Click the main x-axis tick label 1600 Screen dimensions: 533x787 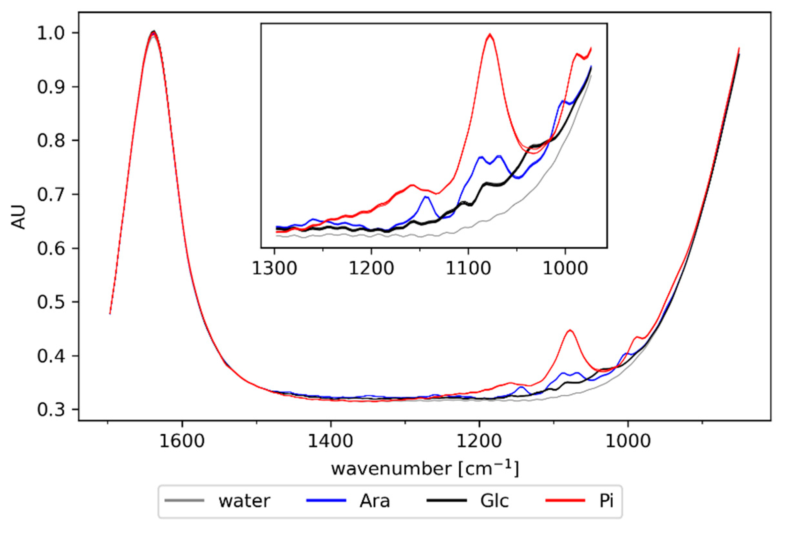point(182,441)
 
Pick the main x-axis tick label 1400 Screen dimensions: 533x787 point(331,441)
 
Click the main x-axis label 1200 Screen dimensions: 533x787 point(479,441)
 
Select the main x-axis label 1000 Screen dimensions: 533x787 point(628,441)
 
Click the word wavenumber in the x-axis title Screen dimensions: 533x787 point(391,469)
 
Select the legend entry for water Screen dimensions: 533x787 point(244,501)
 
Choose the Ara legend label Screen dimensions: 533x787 point(375,501)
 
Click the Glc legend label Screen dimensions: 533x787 point(494,501)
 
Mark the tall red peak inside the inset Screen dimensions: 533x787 point(489,35)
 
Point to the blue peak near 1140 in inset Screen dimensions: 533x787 point(426,197)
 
